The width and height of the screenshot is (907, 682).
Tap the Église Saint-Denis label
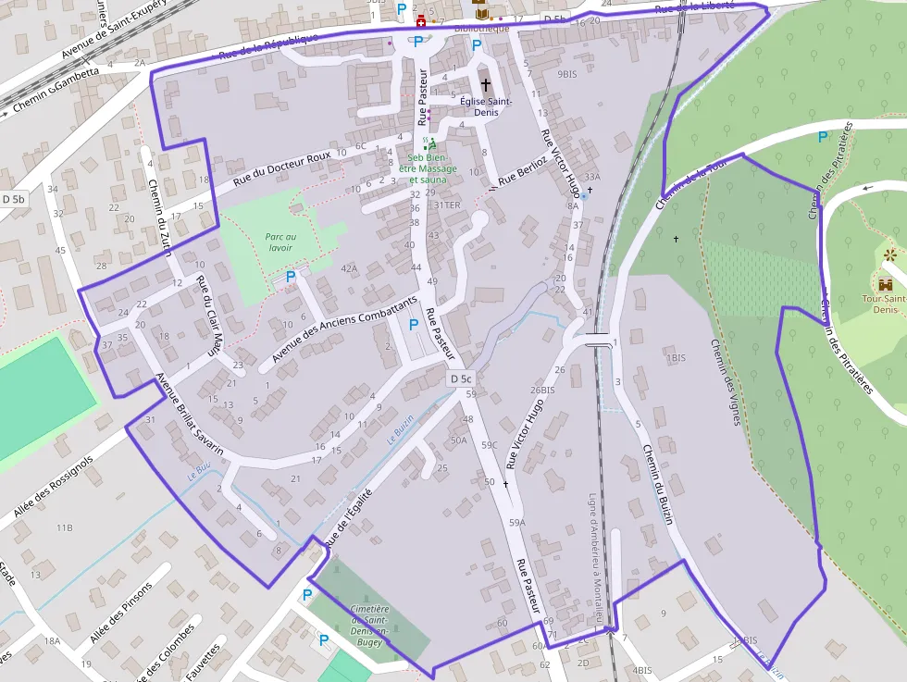coord(486,106)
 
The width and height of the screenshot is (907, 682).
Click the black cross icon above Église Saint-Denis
coord(485,84)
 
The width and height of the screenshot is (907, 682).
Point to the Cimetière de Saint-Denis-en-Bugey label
coord(369,626)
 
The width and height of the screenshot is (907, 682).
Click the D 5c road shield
coord(461,378)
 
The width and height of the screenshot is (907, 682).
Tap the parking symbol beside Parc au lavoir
coord(291,276)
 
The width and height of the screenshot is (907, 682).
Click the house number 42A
coord(348,268)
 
